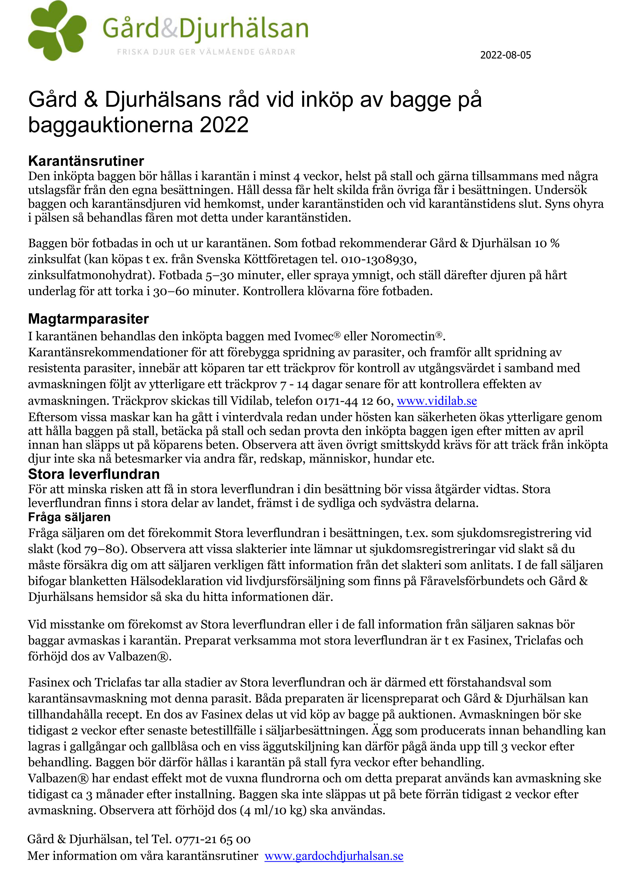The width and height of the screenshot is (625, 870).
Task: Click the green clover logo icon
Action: pos(57,31)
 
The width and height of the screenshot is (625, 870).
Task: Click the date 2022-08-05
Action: pos(505,55)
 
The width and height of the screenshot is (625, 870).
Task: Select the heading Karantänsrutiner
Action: pos(86,161)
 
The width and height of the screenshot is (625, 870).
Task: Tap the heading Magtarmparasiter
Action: pos(88,319)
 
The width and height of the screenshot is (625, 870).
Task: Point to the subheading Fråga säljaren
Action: pos(69,517)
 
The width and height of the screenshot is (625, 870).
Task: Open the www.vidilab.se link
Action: pos(437,401)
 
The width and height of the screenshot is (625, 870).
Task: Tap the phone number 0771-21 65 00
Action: pos(213,839)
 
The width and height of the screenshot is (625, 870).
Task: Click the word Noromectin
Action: pos(403,337)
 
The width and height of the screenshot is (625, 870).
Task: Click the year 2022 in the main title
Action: pos(224,125)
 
